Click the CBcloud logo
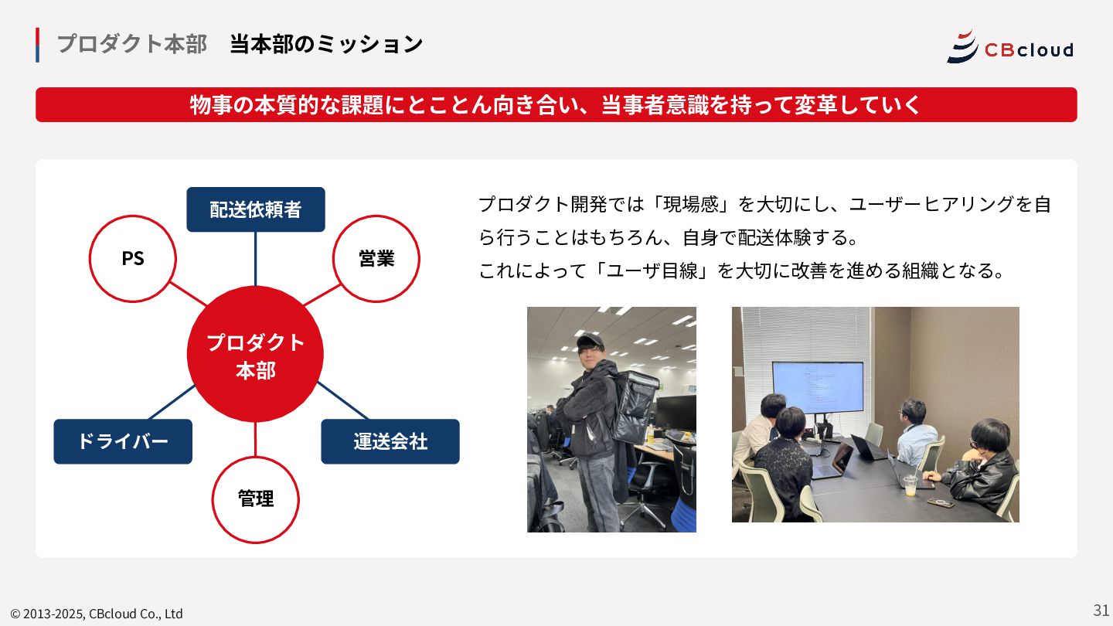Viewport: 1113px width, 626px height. (1010, 47)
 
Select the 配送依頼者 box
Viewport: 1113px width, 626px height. (256, 209)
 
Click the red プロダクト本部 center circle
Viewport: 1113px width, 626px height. (255, 354)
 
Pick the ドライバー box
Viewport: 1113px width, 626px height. (123, 441)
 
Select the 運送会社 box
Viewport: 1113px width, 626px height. (390, 441)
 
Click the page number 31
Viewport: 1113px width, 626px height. (1101, 610)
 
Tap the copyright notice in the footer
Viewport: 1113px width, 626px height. (97, 614)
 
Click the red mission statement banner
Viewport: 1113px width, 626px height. (556, 105)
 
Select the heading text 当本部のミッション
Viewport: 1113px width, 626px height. (326, 44)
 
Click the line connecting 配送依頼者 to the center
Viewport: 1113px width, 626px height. (255, 259)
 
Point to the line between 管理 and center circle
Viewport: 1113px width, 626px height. (255, 440)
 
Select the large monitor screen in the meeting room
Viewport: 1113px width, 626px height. (818, 387)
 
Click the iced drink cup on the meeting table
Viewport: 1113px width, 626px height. (910, 485)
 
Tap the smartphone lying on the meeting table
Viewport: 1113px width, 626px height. (941, 503)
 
